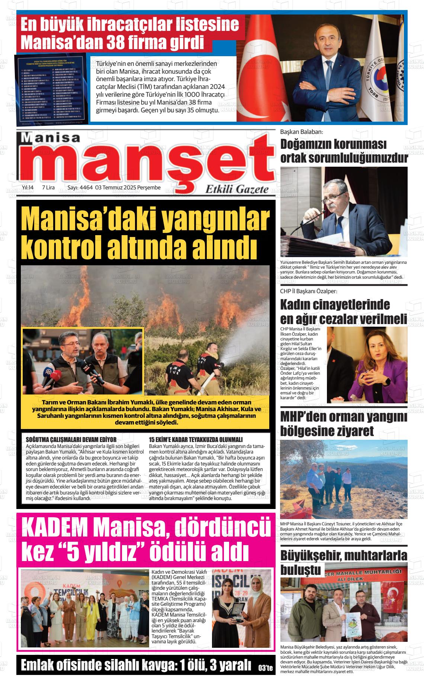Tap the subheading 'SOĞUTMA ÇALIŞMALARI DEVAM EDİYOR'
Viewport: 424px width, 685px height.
[71, 440]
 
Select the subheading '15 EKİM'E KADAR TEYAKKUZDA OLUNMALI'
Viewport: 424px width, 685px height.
[195, 440]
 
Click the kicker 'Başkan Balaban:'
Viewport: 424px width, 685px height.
[302, 132]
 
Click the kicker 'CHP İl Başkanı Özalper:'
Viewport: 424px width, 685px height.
[308, 291]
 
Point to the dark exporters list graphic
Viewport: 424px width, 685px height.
[52, 89]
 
